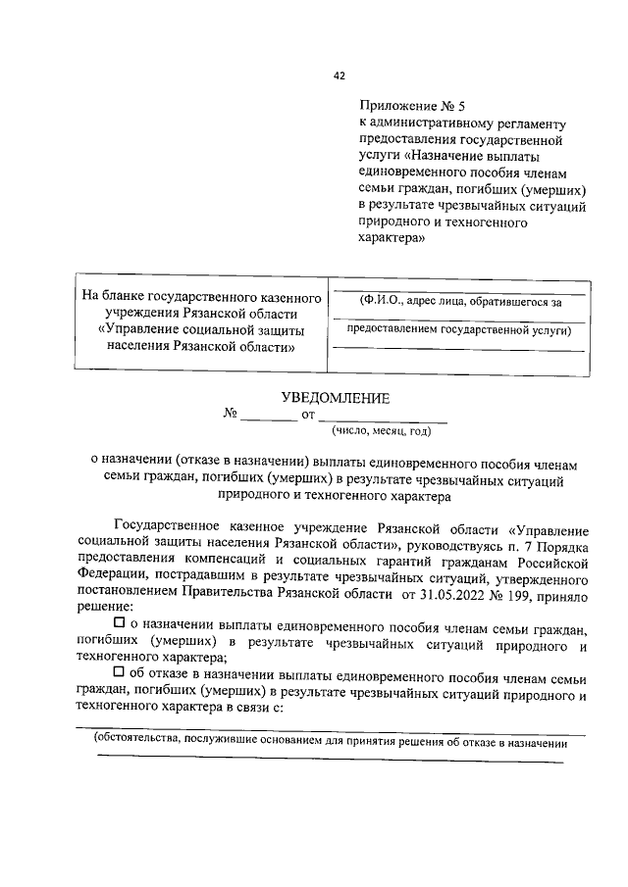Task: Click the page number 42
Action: coord(339,75)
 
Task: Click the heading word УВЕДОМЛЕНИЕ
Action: coord(335,398)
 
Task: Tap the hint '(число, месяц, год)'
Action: coord(381,430)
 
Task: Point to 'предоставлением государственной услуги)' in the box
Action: coord(458,330)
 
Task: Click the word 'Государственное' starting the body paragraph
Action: coord(168,530)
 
